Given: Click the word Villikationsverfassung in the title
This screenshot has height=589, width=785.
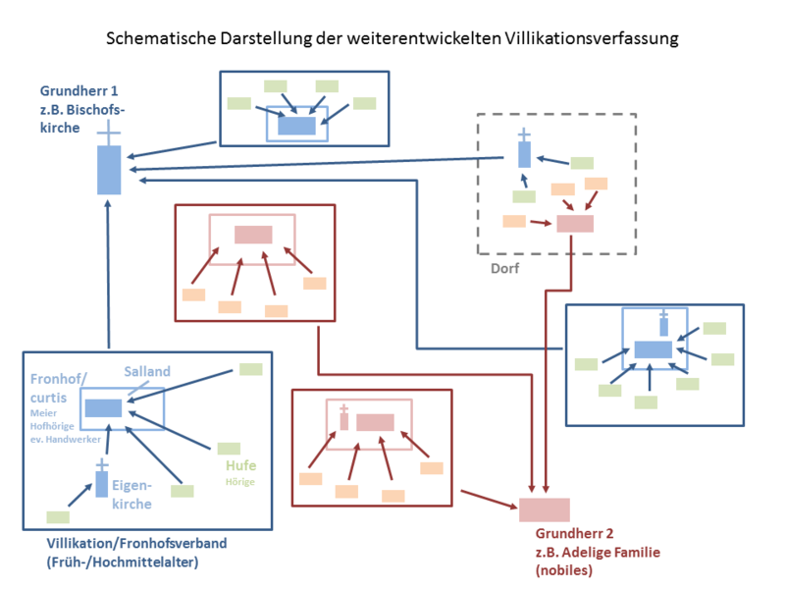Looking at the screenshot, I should (593, 39).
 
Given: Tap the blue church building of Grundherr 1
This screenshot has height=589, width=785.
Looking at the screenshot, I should (109, 169).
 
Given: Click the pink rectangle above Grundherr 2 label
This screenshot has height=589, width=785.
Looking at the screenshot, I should (544, 509).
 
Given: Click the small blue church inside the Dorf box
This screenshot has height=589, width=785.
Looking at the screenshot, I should (524, 152).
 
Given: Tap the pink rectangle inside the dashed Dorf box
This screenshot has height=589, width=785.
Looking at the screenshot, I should (575, 223).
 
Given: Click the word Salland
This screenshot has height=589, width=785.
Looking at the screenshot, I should (147, 371).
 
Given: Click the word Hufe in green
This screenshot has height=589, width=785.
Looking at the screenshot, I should (240, 465).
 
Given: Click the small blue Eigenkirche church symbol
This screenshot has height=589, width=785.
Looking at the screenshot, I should (100, 482).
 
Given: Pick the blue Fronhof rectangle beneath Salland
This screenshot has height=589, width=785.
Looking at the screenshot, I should (103, 407).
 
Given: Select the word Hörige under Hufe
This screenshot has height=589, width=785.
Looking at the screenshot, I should (240, 482).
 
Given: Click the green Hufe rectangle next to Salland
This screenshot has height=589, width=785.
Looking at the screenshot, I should (250, 369).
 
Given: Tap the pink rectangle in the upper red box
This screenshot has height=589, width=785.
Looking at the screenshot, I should (253, 235).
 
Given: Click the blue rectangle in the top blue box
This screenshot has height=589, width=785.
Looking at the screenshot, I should (297, 126).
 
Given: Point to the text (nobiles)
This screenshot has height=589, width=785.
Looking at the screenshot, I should (564, 569).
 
